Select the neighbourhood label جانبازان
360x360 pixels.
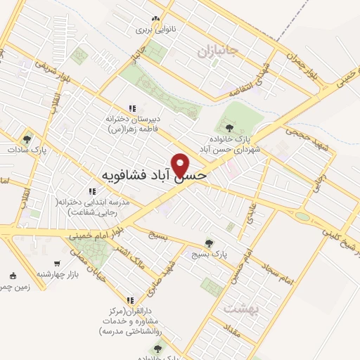tap(218, 51)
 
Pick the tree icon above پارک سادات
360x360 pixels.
tap(27, 139)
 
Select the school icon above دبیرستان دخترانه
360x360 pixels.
tap(132, 108)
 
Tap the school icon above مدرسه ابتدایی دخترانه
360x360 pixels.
tap(91, 191)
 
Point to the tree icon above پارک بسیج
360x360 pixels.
tap(209, 242)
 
